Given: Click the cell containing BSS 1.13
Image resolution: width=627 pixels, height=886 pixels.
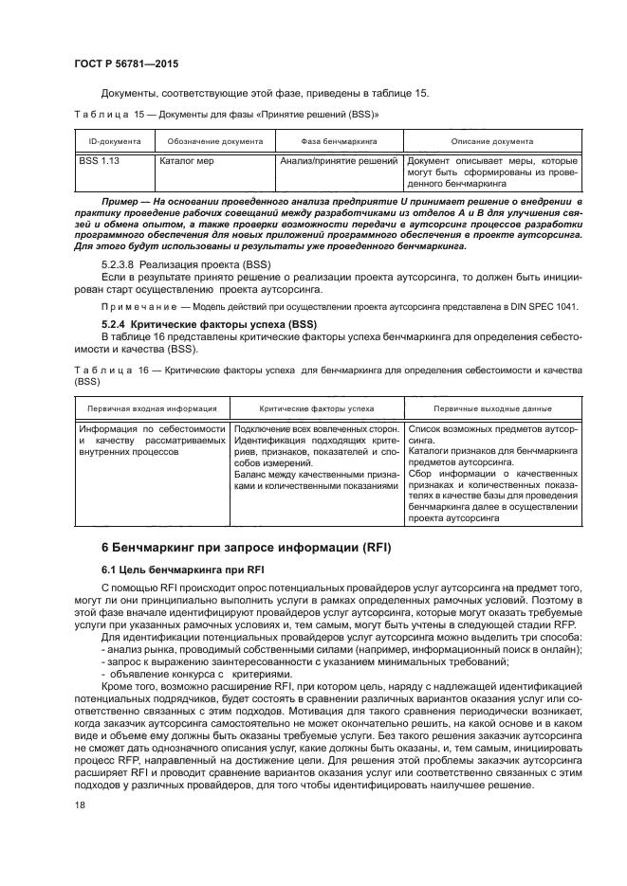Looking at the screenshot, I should [99, 162].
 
